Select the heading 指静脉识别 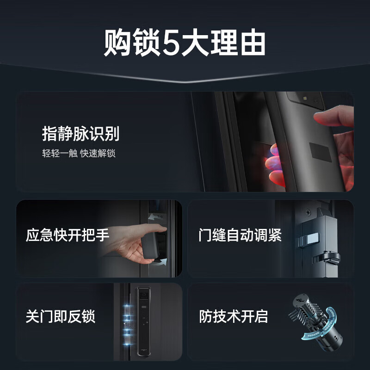[x=80, y=134]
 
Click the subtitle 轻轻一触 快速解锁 [x=78, y=154]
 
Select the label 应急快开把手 [x=68, y=235]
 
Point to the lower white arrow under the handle [x=157, y=262]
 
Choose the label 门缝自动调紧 [x=240, y=235]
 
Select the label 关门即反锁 [x=60, y=317]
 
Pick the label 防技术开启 [x=234, y=317]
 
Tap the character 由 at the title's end [x=253, y=44]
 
